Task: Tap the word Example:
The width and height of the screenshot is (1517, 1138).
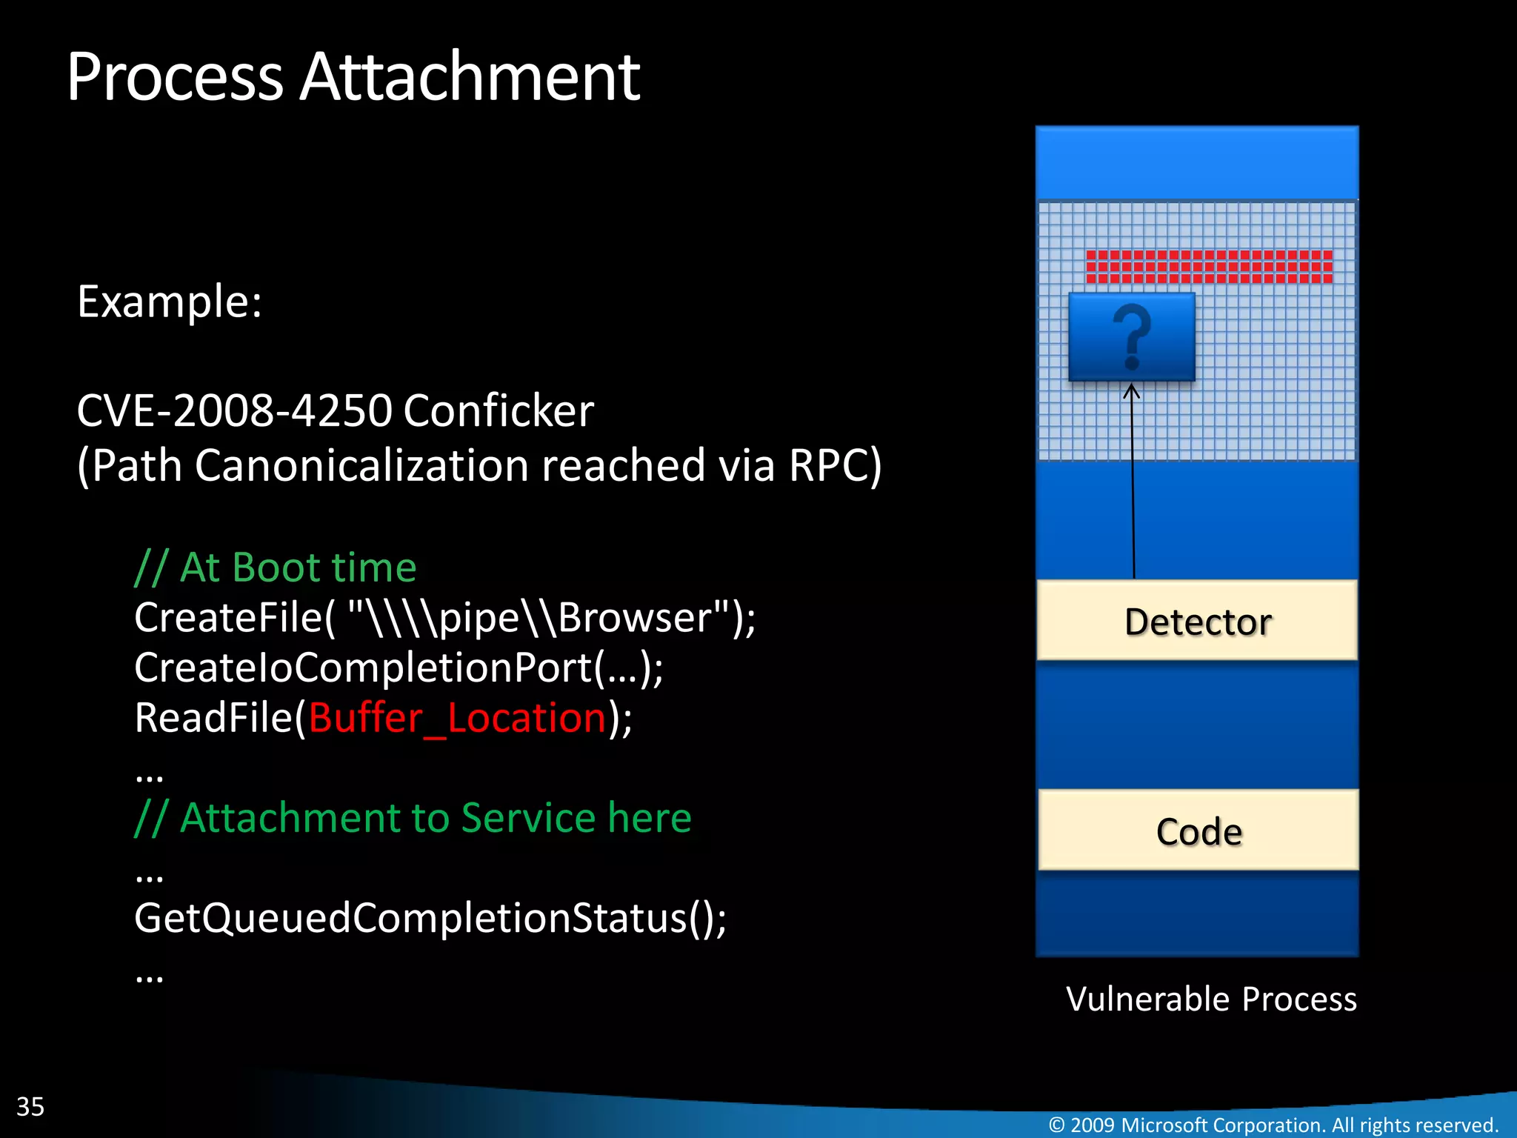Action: (170, 302)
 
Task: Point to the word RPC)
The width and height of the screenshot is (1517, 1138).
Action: (835, 465)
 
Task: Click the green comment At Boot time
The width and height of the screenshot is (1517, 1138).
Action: (276, 568)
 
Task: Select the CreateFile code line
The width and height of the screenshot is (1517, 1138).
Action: (444, 617)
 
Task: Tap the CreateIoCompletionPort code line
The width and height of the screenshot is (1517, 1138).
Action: (399, 668)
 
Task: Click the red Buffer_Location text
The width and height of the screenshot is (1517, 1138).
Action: (458, 718)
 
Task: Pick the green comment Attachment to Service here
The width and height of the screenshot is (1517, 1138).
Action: (413, 818)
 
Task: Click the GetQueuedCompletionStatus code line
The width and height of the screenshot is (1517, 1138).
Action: (430, 918)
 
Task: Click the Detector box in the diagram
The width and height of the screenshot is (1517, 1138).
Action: (1197, 621)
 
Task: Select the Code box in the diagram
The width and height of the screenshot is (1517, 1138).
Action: (1198, 831)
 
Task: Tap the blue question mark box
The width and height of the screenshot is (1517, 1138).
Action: (1131, 337)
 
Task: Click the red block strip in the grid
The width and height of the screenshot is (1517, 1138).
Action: (1209, 267)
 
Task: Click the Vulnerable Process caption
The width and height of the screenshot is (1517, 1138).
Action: (1211, 999)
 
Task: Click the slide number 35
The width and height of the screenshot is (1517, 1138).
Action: (30, 1106)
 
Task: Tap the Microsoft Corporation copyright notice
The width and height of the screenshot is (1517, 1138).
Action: (1273, 1125)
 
